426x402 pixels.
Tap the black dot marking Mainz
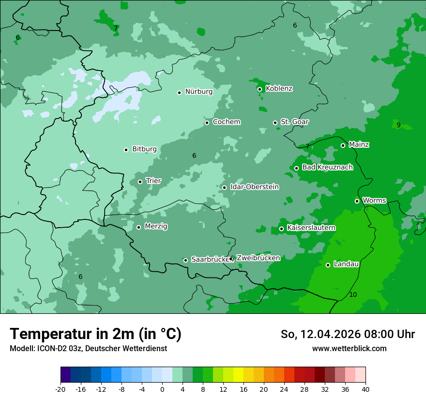pyautogui.click(x=343, y=145)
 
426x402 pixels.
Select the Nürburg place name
pyautogui.click(x=198, y=92)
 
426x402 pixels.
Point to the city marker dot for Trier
pyautogui.click(x=140, y=182)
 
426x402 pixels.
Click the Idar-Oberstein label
pyautogui.click(x=254, y=187)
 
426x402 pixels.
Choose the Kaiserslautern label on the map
pyautogui.click(x=311, y=228)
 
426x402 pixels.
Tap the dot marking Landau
pyautogui.click(x=328, y=265)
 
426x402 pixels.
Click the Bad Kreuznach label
pyautogui.click(x=327, y=167)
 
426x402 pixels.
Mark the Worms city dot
pyautogui.click(x=357, y=201)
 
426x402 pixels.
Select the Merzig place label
pyautogui.click(x=156, y=226)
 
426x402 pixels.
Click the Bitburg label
pyautogui.click(x=144, y=149)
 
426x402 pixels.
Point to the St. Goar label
pyautogui.click(x=294, y=122)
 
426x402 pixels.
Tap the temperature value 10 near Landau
pyautogui.click(x=353, y=294)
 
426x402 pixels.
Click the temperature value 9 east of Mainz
pyautogui.click(x=398, y=125)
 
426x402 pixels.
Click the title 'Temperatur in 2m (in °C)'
pyautogui.click(x=96, y=334)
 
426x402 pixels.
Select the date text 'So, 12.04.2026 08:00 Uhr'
pyautogui.click(x=348, y=334)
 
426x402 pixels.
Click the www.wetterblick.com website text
pyautogui.click(x=349, y=348)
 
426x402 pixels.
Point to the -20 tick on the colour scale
pyautogui.click(x=61, y=389)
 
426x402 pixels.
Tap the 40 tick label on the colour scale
pyautogui.click(x=365, y=389)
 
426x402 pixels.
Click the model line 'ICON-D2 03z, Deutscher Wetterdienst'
pyautogui.click(x=88, y=348)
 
